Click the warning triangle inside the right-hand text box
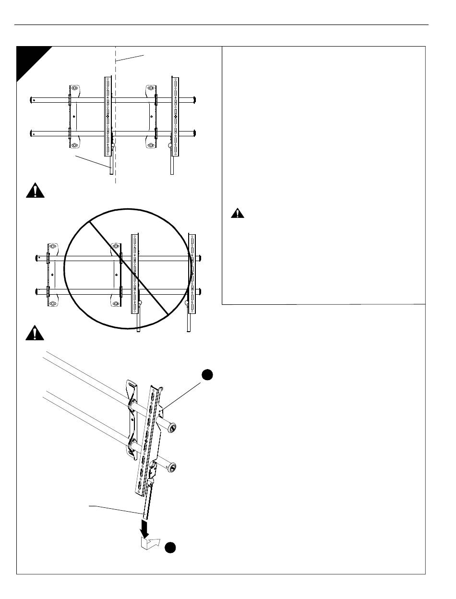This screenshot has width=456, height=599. (x=237, y=214)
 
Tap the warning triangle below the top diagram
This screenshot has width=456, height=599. (x=35, y=191)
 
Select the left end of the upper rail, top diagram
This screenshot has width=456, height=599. (x=32, y=100)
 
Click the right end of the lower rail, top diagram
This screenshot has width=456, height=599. (x=195, y=132)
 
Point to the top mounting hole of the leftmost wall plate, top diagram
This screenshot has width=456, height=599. (x=74, y=88)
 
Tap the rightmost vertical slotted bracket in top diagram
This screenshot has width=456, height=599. (x=176, y=115)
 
